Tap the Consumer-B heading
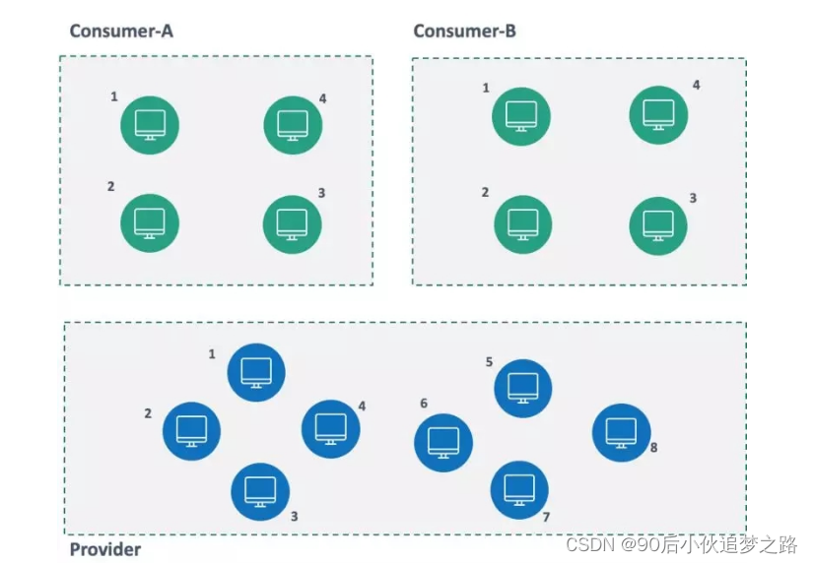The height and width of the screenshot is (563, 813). point(464,31)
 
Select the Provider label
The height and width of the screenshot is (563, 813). point(104,549)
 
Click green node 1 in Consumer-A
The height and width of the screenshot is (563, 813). point(150,125)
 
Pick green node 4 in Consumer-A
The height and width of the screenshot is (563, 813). point(293,125)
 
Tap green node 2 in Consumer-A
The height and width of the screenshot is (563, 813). point(150,222)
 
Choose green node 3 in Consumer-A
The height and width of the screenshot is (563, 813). point(292,223)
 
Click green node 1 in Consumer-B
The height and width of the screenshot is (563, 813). point(521,116)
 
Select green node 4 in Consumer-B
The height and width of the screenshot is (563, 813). point(658,114)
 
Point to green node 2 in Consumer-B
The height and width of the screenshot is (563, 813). point(521,223)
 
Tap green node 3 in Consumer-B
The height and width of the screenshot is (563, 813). point(658,224)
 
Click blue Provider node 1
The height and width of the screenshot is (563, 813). point(256,372)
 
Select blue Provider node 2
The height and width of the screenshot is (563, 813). point(191,430)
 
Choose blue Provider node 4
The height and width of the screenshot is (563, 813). point(330,428)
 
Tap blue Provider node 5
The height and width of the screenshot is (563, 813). point(522,388)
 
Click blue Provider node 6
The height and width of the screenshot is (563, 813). point(443,442)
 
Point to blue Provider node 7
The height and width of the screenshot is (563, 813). point(519,489)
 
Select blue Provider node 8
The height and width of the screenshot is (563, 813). point(621,432)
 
